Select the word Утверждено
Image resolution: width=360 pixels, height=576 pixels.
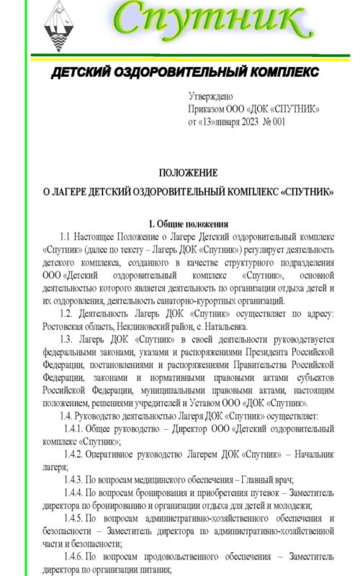(211, 96)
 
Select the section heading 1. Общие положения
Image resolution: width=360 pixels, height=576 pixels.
(188, 223)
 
